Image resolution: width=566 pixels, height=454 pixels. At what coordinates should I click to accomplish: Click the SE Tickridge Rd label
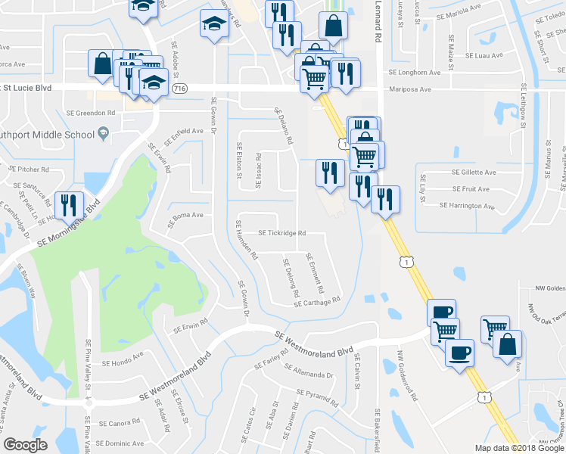[x=282, y=234]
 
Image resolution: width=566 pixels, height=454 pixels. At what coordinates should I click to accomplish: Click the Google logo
[x=25, y=445]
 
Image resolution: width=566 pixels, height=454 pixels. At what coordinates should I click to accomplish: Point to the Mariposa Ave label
[x=409, y=89]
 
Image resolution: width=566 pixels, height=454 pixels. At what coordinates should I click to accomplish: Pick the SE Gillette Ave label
[x=474, y=173]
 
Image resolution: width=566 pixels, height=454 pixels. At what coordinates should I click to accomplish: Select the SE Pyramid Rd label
[x=320, y=394]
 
